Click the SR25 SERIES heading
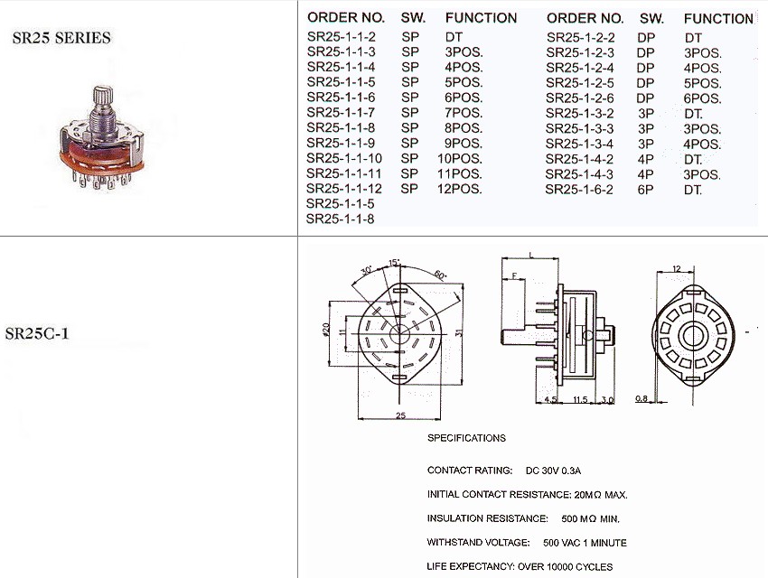point(61,38)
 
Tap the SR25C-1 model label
point(37,333)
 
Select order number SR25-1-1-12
point(343,189)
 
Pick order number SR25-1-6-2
point(580,190)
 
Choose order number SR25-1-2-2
point(580,38)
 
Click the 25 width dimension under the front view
point(399,415)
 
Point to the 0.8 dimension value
point(642,399)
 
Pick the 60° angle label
point(440,275)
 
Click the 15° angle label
point(394,263)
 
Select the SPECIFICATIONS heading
point(466,438)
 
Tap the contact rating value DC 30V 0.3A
point(553,471)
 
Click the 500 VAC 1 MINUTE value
point(585,543)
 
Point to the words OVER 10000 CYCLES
point(565,567)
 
